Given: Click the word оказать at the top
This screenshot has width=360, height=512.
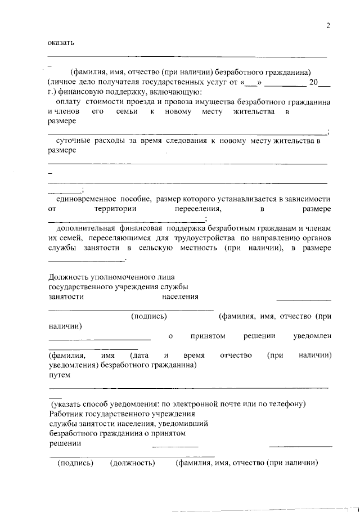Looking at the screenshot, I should [x=60, y=42].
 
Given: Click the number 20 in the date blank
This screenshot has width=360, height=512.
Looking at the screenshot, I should [x=314, y=82].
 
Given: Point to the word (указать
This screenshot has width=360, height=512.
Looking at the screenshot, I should [x=68, y=404].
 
